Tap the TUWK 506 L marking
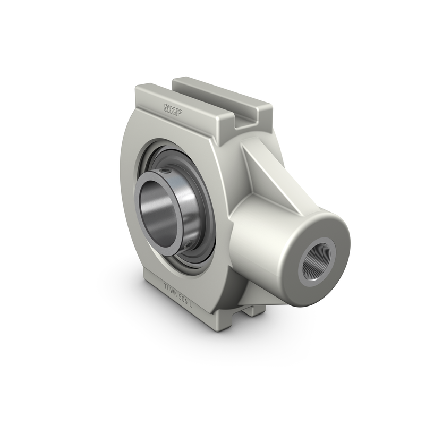178,291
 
